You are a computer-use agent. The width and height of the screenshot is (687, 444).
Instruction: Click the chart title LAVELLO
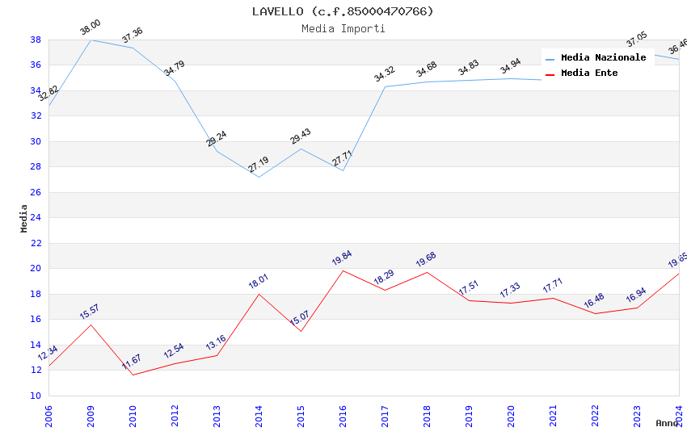(343, 11)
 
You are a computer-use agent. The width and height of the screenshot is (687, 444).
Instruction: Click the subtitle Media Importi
(343, 28)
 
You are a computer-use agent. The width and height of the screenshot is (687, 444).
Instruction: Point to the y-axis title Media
(24, 218)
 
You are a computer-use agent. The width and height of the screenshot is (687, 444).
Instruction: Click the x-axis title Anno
(667, 423)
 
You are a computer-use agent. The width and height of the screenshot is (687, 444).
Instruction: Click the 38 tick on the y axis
(36, 40)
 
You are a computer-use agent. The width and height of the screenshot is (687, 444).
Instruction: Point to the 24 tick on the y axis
(36, 218)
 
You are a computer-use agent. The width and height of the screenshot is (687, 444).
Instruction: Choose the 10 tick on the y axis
(36, 396)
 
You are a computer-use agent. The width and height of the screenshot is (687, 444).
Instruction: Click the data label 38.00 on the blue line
(91, 29)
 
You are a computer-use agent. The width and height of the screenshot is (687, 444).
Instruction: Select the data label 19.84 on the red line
(342, 258)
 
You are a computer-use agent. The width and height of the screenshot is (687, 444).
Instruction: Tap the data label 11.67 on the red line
(133, 362)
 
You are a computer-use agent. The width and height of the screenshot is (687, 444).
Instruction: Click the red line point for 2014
(259, 294)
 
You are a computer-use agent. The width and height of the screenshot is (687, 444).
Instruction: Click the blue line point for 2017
(385, 86)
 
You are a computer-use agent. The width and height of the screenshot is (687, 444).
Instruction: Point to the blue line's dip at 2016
(343, 170)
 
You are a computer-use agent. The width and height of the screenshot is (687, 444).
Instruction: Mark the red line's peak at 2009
(91, 325)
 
